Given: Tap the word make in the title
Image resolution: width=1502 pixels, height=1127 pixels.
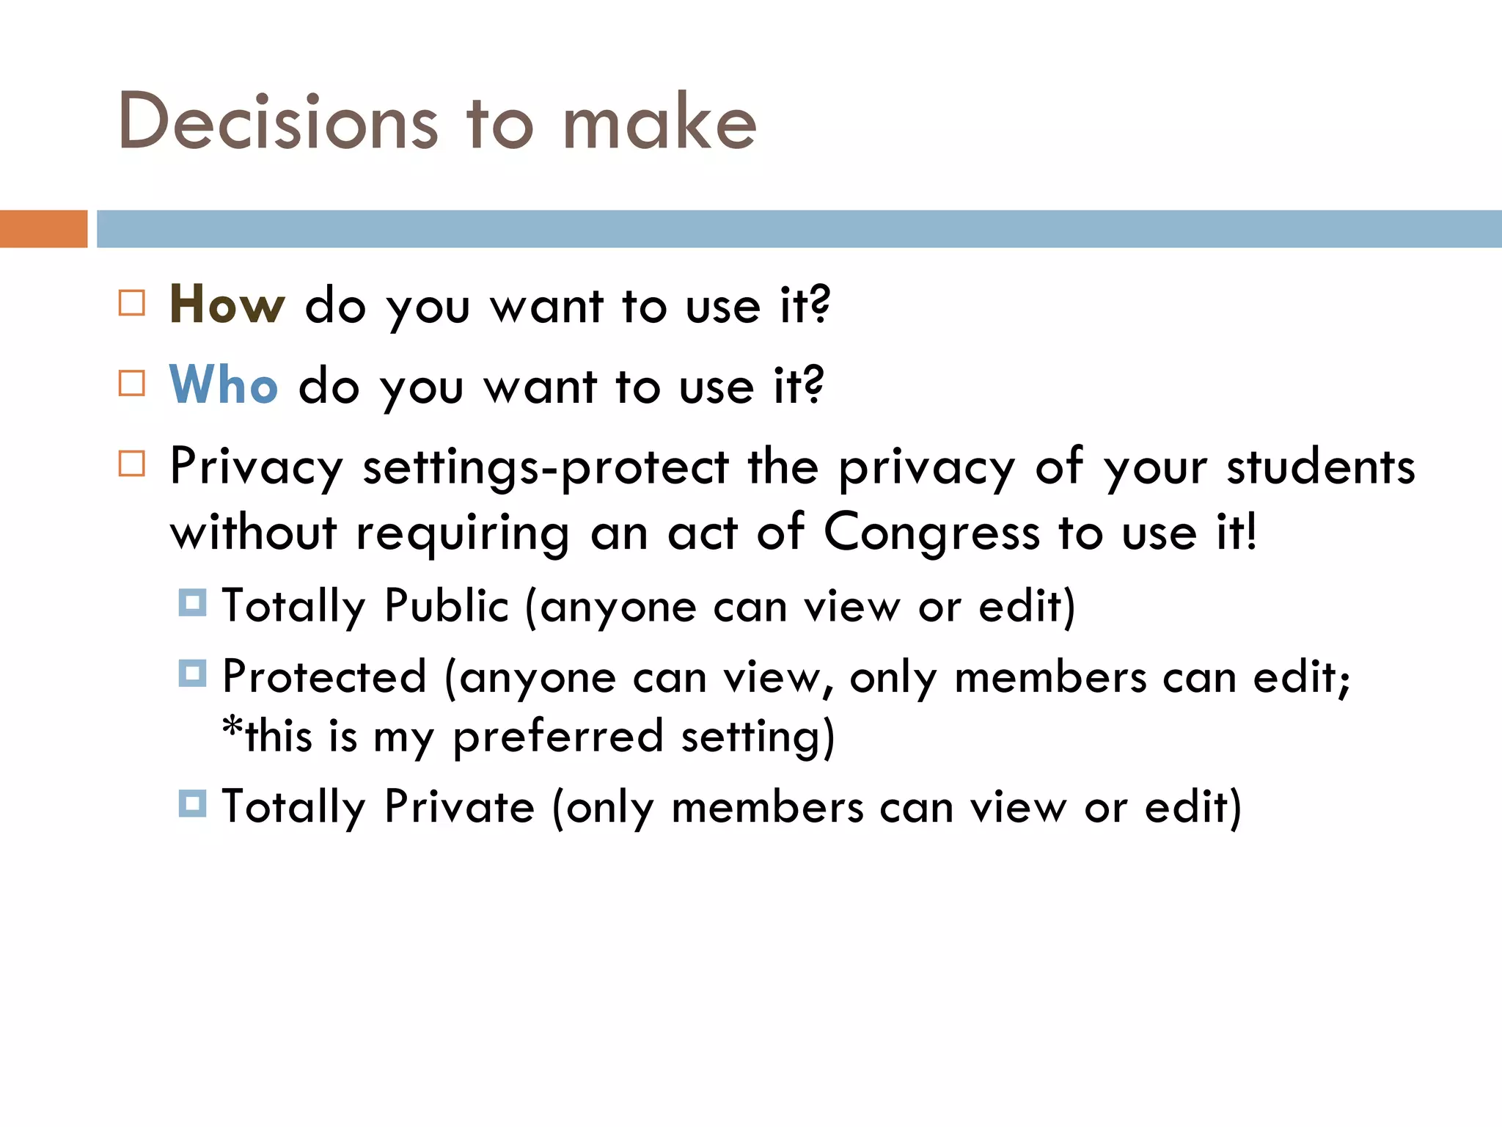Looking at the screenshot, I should [x=659, y=122].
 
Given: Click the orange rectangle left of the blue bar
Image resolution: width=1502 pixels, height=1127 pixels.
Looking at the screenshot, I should [x=43, y=229].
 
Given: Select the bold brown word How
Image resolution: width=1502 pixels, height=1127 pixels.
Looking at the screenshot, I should [x=227, y=304].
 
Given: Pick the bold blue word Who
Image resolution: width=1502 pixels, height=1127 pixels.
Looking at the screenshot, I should [x=224, y=385].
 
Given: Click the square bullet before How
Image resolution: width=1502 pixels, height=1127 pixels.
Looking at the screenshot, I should [x=132, y=302].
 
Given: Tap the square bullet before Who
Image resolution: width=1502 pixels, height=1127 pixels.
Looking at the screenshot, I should [x=132, y=383].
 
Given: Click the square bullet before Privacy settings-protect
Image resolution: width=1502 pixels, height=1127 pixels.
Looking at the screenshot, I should [x=132, y=464].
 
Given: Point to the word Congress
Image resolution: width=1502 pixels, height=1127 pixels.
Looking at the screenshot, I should [x=931, y=533].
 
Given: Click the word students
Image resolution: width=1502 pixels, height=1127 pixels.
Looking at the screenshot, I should [x=1321, y=467].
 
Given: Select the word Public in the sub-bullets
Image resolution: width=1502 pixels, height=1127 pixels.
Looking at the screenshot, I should [x=446, y=606].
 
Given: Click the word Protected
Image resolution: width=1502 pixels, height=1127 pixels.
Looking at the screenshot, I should [x=324, y=676].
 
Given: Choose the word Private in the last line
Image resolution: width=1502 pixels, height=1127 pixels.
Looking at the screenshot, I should [x=460, y=807].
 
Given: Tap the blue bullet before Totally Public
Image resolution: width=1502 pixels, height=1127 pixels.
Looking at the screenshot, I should [x=192, y=602].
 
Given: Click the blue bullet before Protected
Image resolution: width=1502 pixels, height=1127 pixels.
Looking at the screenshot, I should [x=192, y=673].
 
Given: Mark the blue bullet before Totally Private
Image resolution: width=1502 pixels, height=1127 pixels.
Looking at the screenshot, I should [x=192, y=803].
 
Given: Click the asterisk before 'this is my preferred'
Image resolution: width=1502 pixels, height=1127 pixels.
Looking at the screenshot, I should [x=232, y=728].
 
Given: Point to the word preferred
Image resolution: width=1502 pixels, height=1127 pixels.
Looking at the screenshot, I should [x=557, y=737].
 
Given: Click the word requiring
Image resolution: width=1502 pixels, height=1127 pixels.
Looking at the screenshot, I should [x=463, y=533].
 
